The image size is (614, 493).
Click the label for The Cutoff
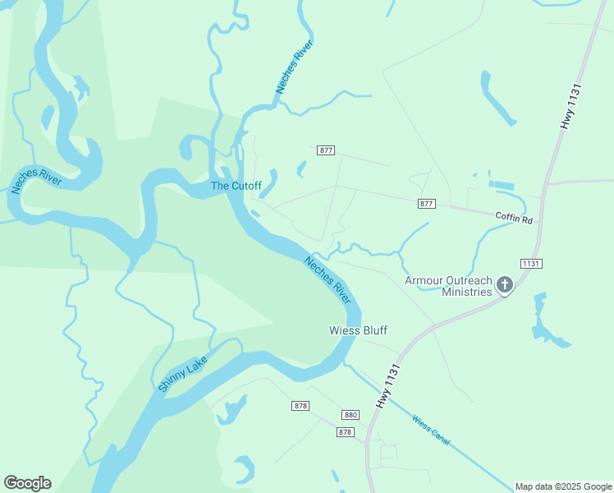236,186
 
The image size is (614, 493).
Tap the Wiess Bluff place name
358,330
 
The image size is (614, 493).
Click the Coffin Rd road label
514,219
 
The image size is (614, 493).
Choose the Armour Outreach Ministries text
448,286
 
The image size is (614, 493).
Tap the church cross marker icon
505,285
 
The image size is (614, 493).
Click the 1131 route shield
531,264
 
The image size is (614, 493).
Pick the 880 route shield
351,415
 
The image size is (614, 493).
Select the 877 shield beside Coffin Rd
426,203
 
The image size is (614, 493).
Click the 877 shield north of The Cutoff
326,150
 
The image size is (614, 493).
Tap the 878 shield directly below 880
345,432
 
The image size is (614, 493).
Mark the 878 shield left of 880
300,406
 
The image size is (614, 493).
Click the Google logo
27,483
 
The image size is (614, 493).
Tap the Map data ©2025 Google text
562,486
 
